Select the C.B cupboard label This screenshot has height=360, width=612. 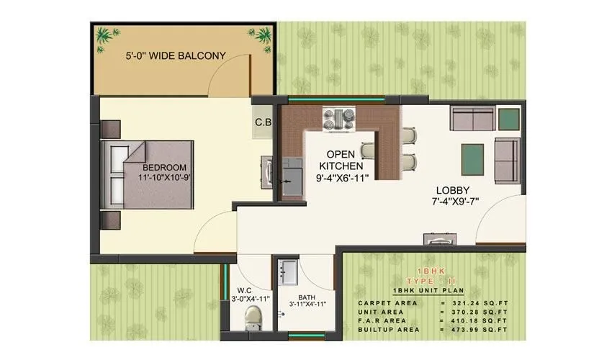263,122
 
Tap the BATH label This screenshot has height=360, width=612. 307,294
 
